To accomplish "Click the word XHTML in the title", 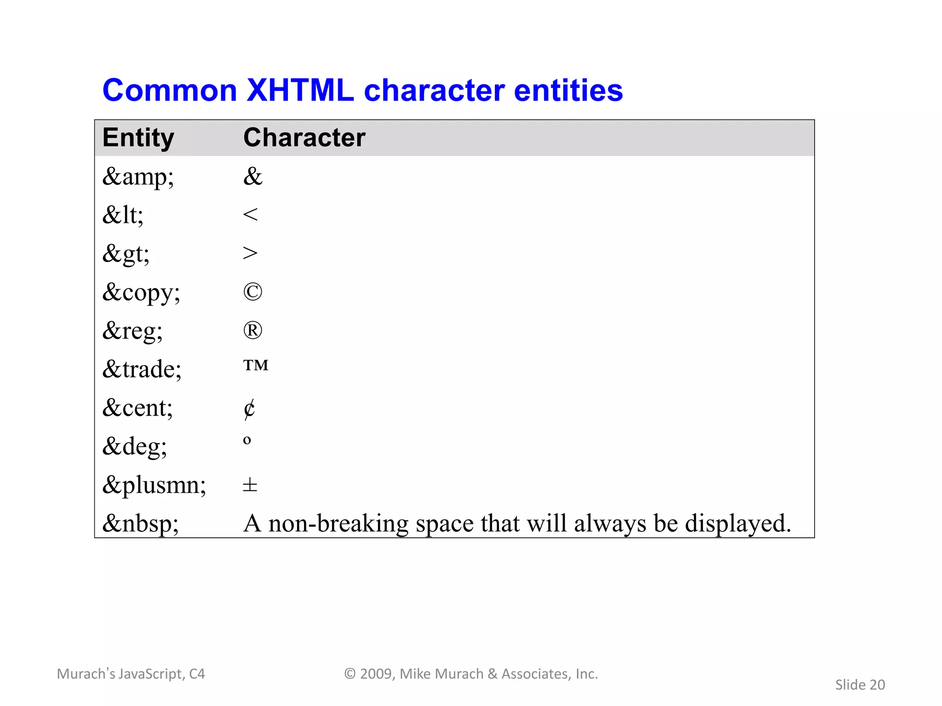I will tap(300, 90).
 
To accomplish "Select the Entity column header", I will tap(138, 137).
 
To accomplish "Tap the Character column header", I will tap(304, 137).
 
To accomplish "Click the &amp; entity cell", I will tap(138, 177).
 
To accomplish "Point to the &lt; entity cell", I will tap(123, 215).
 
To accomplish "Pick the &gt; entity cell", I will tap(126, 254).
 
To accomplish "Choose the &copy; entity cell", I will tap(141, 292).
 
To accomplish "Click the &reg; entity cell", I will tap(132, 331).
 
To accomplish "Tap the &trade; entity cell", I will tap(142, 369).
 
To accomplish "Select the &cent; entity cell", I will tap(138, 408).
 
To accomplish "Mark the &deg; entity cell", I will tap(134, 446).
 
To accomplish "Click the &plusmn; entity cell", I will tap(154, 485).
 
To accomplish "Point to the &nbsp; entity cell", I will tap(140, 524).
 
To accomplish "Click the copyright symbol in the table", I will tap(253, 292).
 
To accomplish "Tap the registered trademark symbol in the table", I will tap(253, 330).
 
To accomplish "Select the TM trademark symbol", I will tap(256, 365).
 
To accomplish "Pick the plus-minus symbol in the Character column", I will tap(250, 485).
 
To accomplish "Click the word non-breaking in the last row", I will tap(338, 524).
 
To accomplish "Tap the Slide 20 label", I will tap(860, 685).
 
